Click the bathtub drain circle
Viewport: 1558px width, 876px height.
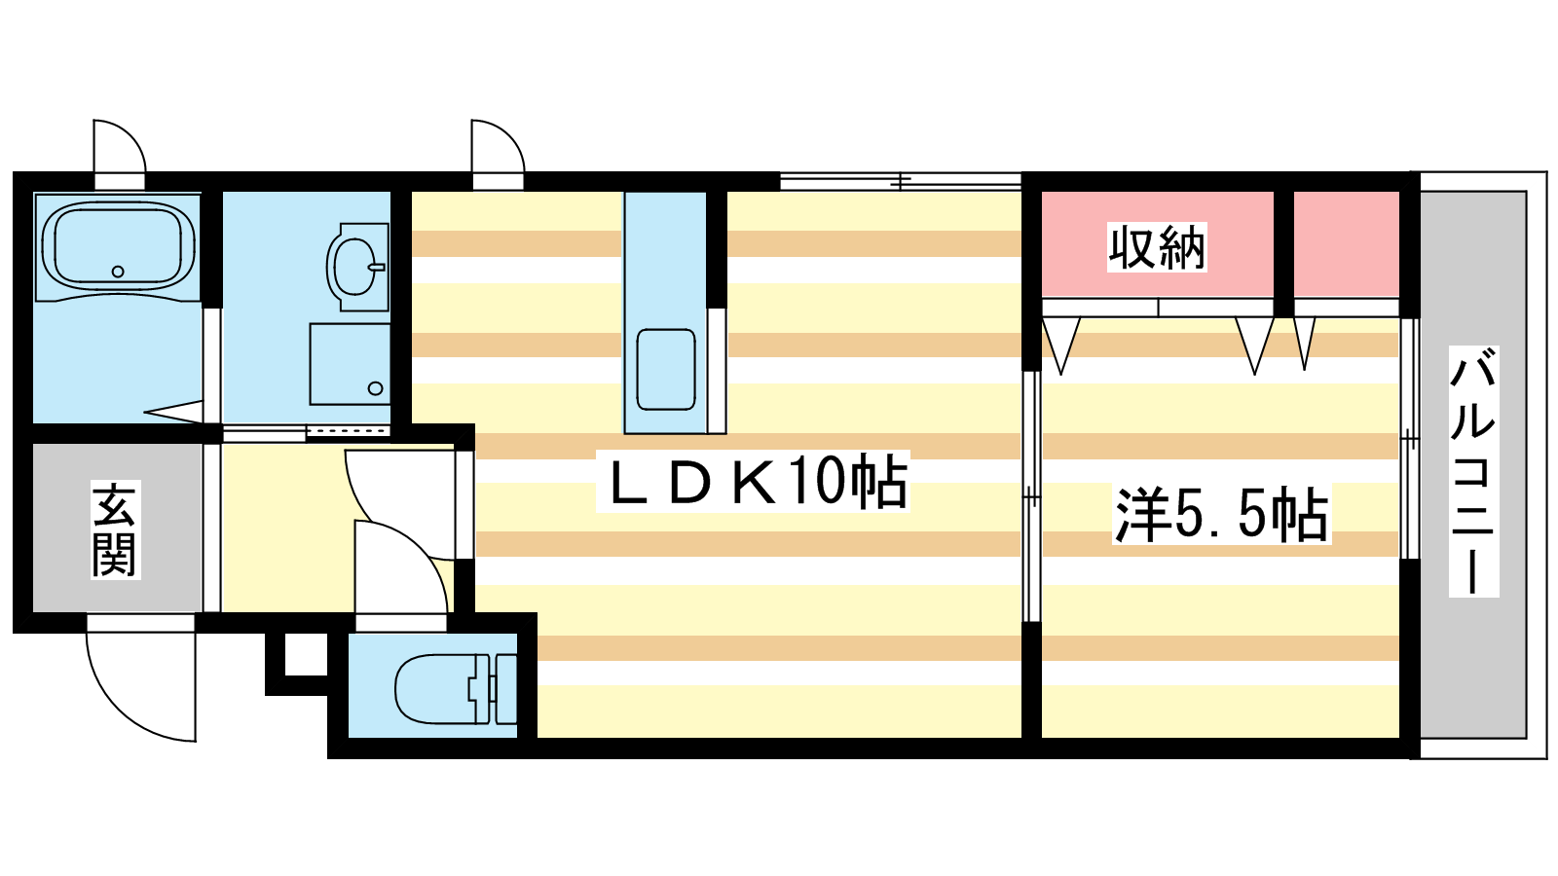118,272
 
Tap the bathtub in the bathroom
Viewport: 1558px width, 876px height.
118,247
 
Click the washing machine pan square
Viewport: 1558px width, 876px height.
350,364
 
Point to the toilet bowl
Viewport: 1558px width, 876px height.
434,689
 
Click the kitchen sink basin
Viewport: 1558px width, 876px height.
666,369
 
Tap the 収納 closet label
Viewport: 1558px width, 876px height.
1157,247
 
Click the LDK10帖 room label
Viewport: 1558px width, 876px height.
754,481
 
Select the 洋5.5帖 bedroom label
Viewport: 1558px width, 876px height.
1221,515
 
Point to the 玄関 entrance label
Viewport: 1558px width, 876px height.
116,529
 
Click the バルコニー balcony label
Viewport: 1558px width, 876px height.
1473,471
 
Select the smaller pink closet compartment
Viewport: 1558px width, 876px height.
1347,244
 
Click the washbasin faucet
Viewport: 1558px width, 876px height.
377,267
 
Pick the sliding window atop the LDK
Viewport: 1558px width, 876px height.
900,181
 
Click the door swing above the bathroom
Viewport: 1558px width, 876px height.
120,146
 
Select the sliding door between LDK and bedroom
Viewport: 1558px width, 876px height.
1031,496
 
